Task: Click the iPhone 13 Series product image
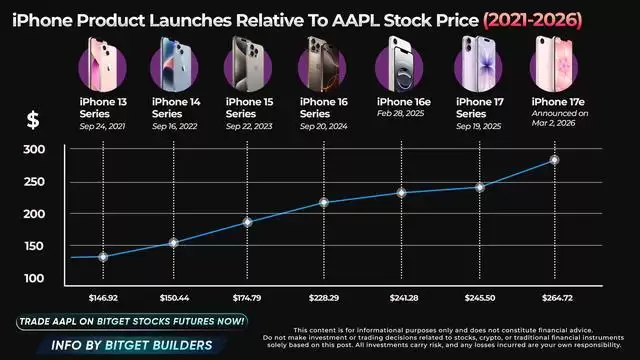(x=103, y=62)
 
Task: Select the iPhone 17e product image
(x=555, y=62)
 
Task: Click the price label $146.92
(x=103, y=296)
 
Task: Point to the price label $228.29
(x=323, y=296)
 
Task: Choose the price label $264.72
(x=553, y=296)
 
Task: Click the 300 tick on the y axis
(x=36, y=150)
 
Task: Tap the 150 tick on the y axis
(x=36, y=246)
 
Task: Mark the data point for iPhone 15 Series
(x=247, y=222)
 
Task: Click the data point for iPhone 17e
(x=553, y=160)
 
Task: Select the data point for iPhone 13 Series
(x=103, y=257)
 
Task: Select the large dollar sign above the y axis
(x=33, y=120)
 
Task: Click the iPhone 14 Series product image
(x=176, y=62)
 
